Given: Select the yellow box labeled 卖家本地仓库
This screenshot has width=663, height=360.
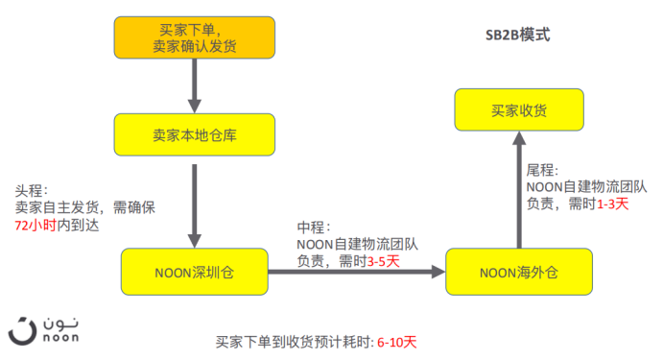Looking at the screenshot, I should click(x=196, y=134).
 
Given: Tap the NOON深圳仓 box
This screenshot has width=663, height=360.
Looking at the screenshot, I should click(x=194, y=273).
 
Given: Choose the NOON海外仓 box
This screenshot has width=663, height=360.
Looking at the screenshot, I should click(x=518, y=273).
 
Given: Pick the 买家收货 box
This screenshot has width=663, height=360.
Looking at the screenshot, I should click(x=519, y=110).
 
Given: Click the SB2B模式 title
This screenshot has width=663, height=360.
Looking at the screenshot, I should click(x=517, y=35).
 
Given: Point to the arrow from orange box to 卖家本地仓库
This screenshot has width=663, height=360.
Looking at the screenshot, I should click(x=196, y=84).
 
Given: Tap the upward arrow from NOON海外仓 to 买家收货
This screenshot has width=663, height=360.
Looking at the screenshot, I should click(x=519, y=191).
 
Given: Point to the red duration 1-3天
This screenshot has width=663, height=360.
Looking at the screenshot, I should click(x=612, y=204).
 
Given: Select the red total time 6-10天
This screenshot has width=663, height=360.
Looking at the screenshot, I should click(x=397, y=342).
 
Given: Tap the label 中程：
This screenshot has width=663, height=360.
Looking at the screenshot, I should click(x=313, y=228).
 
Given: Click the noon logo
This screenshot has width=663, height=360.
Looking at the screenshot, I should click(x=44, y=326).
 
